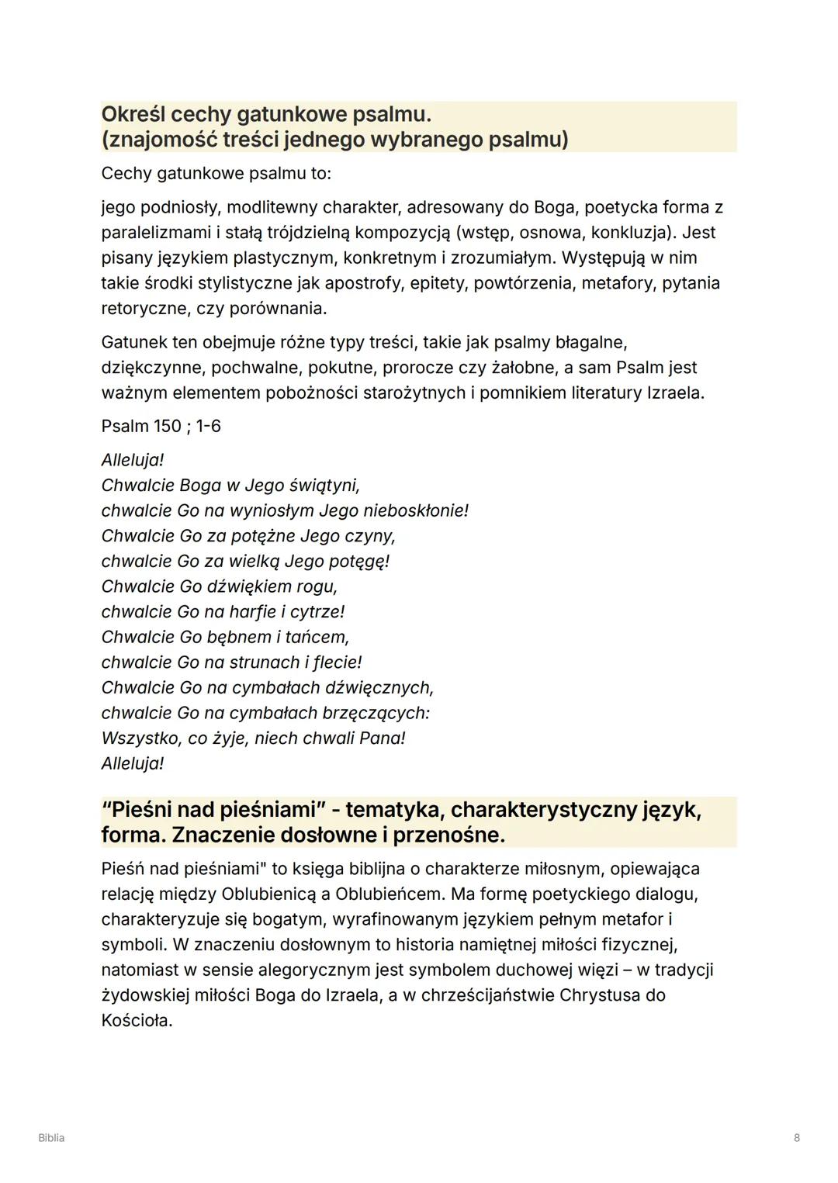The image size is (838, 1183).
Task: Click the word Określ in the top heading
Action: [133, 115]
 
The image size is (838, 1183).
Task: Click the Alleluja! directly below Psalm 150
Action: [133, 460]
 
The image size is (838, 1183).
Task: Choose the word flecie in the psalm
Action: [338, 662]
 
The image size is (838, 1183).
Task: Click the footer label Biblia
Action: [51, 1138]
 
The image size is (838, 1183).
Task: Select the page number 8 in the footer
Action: [797, 1138]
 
